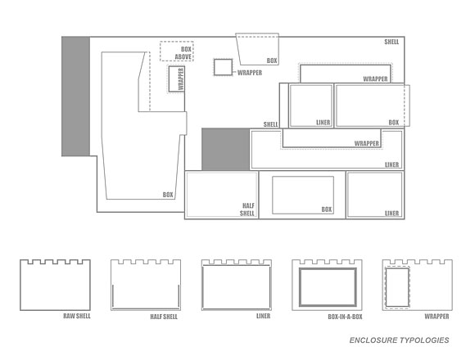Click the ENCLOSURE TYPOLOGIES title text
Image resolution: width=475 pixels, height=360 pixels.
(x=399, y=340)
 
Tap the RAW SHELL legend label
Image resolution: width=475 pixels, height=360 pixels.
(x=77, y=316)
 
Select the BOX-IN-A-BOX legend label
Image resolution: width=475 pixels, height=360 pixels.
(x=345, y=317)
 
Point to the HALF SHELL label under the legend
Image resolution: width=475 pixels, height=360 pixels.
(x=164, y=317)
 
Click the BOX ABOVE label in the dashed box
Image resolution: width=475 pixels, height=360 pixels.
(x=183, y=53)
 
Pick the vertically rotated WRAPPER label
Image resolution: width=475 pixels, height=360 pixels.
(x=181, y=79)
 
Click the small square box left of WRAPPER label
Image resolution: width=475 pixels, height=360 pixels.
(x=223, y=67)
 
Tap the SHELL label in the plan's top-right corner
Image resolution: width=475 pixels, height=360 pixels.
(x=391, y=42)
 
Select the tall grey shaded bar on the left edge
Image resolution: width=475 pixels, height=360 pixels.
(x=75, y=97)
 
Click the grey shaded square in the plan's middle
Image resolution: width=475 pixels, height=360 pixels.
(x=226, y=149)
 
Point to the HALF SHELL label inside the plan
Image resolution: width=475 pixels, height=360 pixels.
(x=247, y=209)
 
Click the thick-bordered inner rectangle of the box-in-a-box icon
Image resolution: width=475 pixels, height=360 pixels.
(x=328, y=268)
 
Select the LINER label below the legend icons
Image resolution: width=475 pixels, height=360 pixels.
(x=263, y=316)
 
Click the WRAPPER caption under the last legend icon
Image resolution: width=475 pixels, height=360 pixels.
(x=437, y=316)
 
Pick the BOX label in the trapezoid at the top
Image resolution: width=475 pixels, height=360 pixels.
(x=272, y=61)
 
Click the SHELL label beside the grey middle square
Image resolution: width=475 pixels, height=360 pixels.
(x=270, y=124)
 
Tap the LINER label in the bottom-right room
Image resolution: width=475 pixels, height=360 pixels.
(x=391, y=214)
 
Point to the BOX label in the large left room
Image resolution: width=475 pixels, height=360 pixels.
(x=168, y=195)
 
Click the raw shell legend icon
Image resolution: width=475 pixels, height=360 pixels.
(x=20, y=285)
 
